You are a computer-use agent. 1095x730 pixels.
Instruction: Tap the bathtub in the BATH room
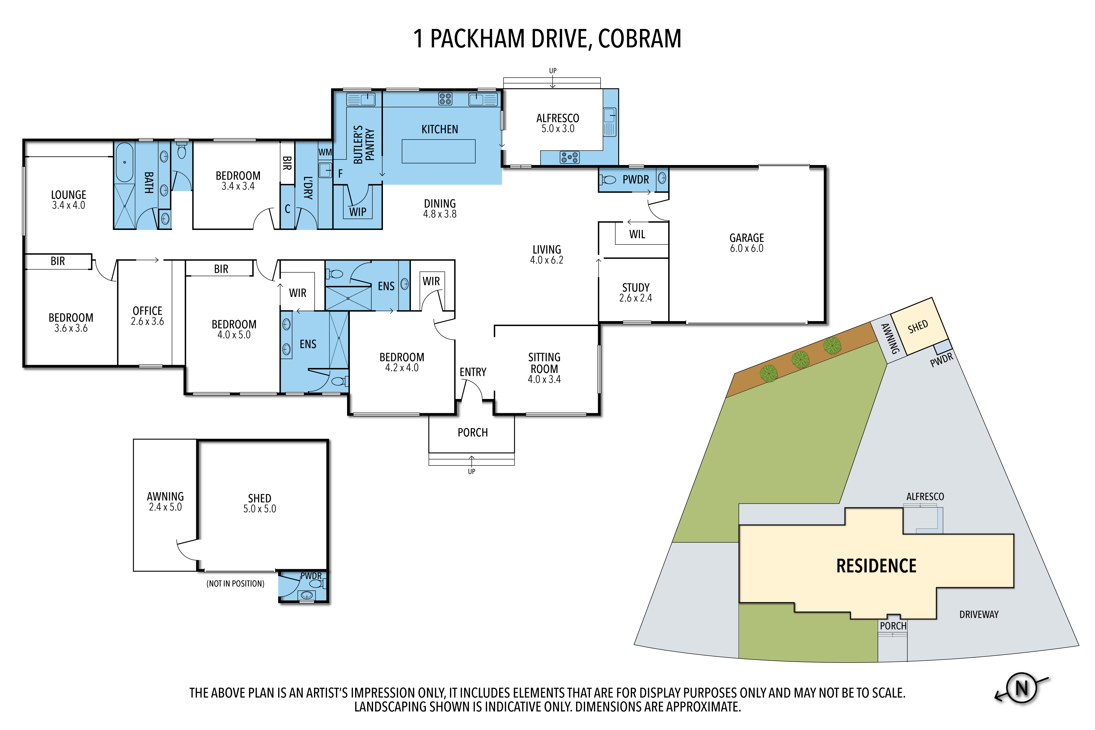124,162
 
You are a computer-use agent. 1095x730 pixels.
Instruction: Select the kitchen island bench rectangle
439,151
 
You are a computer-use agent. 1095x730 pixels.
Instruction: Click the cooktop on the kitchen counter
445,98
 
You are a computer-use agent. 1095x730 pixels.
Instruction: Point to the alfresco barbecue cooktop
569,157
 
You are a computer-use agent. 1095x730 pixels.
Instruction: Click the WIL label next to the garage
637,234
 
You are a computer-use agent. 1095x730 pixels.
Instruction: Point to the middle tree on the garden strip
800,359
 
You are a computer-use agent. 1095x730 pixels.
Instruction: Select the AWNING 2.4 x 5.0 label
165,501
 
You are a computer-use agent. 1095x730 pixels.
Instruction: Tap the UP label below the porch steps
472,472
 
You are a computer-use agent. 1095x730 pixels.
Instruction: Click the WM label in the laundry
325,152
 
